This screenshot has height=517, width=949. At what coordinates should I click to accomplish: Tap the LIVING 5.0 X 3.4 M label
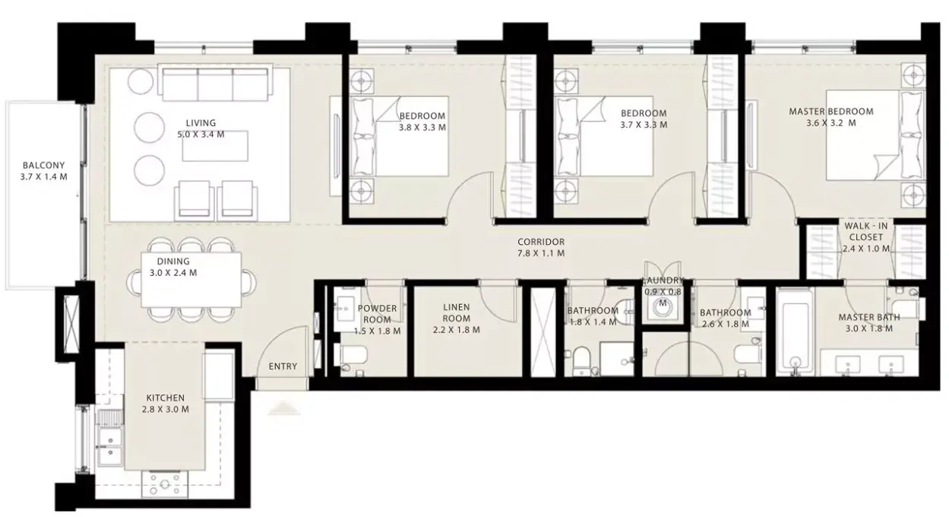pyautogui.click(x=201, y=128)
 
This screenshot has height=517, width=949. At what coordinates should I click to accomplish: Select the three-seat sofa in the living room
pyautogui.click(x=215, y=82)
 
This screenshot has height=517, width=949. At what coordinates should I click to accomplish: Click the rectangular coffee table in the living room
pyautogui.click(x=215, y=146)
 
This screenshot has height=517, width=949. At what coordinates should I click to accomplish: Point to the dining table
pyautogui.click(x=191, y=280)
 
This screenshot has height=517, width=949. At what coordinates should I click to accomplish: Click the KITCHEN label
pyautogui.click(x=165, y=398)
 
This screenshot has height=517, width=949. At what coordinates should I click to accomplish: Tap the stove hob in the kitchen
pyautogui.click(x=164, y=484)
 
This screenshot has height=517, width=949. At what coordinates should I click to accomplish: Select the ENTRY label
pyautogui.click(x=283, y=366)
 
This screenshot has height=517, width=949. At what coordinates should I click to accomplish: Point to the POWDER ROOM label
pyautogui.click(x=377, y=313)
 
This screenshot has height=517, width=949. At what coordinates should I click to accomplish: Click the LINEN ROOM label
pyautogui.click(x=457, y=312)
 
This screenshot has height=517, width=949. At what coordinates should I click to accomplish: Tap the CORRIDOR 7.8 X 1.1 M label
pyautogui.click(x=541, y=248)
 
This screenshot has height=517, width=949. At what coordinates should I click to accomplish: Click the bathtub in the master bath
pyautogui.click(x=796, y=331)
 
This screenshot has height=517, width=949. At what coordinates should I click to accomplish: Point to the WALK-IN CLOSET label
pyautogui.click(x=866, y=231)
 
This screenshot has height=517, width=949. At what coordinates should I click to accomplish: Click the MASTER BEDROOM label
pyautogui.click(x=830, y=112)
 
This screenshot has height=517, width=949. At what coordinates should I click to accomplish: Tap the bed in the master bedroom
pyautogui.click(x=875, y=135)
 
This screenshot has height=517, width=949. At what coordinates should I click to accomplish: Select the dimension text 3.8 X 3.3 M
pyautogui.click(x=422, y=127)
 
